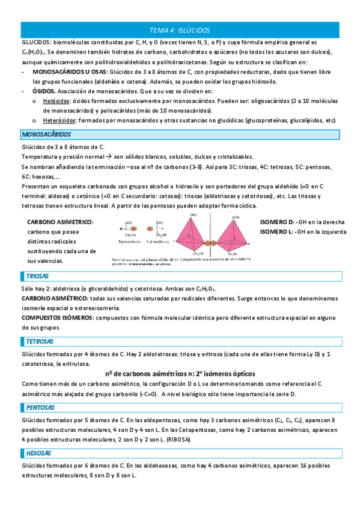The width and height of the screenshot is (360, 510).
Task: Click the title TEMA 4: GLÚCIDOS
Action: (x=180, y=30)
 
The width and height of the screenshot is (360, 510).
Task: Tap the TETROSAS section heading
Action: (x=40, y=342)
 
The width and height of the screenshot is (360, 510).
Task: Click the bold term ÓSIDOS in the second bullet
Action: (x=44, y=91)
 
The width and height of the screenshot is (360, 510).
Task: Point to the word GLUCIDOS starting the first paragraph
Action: (x=35, y=43)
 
